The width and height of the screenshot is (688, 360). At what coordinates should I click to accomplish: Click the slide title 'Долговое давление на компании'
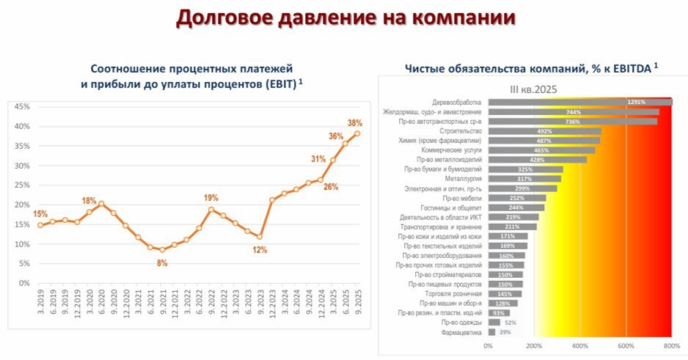344,18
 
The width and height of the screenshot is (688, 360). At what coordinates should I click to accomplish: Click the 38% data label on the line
355,122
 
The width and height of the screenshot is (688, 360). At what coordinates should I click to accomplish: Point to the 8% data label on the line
162,262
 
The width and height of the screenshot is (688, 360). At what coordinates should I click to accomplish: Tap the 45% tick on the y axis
21,107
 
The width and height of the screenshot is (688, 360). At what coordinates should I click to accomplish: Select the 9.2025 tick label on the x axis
357,301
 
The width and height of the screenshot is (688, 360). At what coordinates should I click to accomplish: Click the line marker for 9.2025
357,133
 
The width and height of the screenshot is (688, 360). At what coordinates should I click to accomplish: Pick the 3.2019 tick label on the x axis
40,301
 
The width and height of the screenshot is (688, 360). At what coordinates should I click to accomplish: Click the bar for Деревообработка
579,102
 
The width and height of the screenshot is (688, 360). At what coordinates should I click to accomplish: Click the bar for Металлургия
524,178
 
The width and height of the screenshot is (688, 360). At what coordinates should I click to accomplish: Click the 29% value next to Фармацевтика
505,331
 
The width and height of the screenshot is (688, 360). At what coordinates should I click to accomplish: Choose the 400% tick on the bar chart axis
580,345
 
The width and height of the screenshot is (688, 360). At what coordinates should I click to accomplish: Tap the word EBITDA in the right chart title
629,68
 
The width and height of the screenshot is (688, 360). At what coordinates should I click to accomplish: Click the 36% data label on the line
335,136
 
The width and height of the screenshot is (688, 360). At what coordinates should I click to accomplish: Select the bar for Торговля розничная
505,293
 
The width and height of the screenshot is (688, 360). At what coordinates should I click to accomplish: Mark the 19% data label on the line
211,197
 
